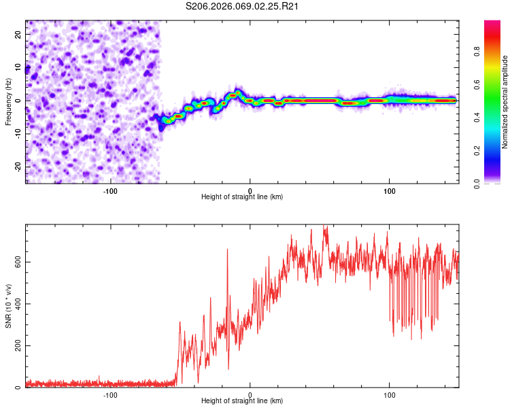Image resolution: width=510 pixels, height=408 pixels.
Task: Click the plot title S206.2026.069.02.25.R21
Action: (x=243, y=7)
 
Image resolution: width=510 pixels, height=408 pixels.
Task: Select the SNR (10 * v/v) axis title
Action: (x=9, y=305)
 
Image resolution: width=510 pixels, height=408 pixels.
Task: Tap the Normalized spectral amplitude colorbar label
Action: (x=505, y=102)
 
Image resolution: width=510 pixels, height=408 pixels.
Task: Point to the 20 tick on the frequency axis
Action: (x=18, y=34)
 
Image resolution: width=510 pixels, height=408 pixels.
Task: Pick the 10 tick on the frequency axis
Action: (x=18, y=67)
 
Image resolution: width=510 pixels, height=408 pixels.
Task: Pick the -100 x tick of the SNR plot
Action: (x=110, y=394)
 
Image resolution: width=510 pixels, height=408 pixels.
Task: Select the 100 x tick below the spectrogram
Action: (x=390, y=190)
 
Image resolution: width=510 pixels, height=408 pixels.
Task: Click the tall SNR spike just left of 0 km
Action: (x=227, y=250)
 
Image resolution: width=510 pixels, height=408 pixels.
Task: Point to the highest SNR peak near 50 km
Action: (x=325, y=227)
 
